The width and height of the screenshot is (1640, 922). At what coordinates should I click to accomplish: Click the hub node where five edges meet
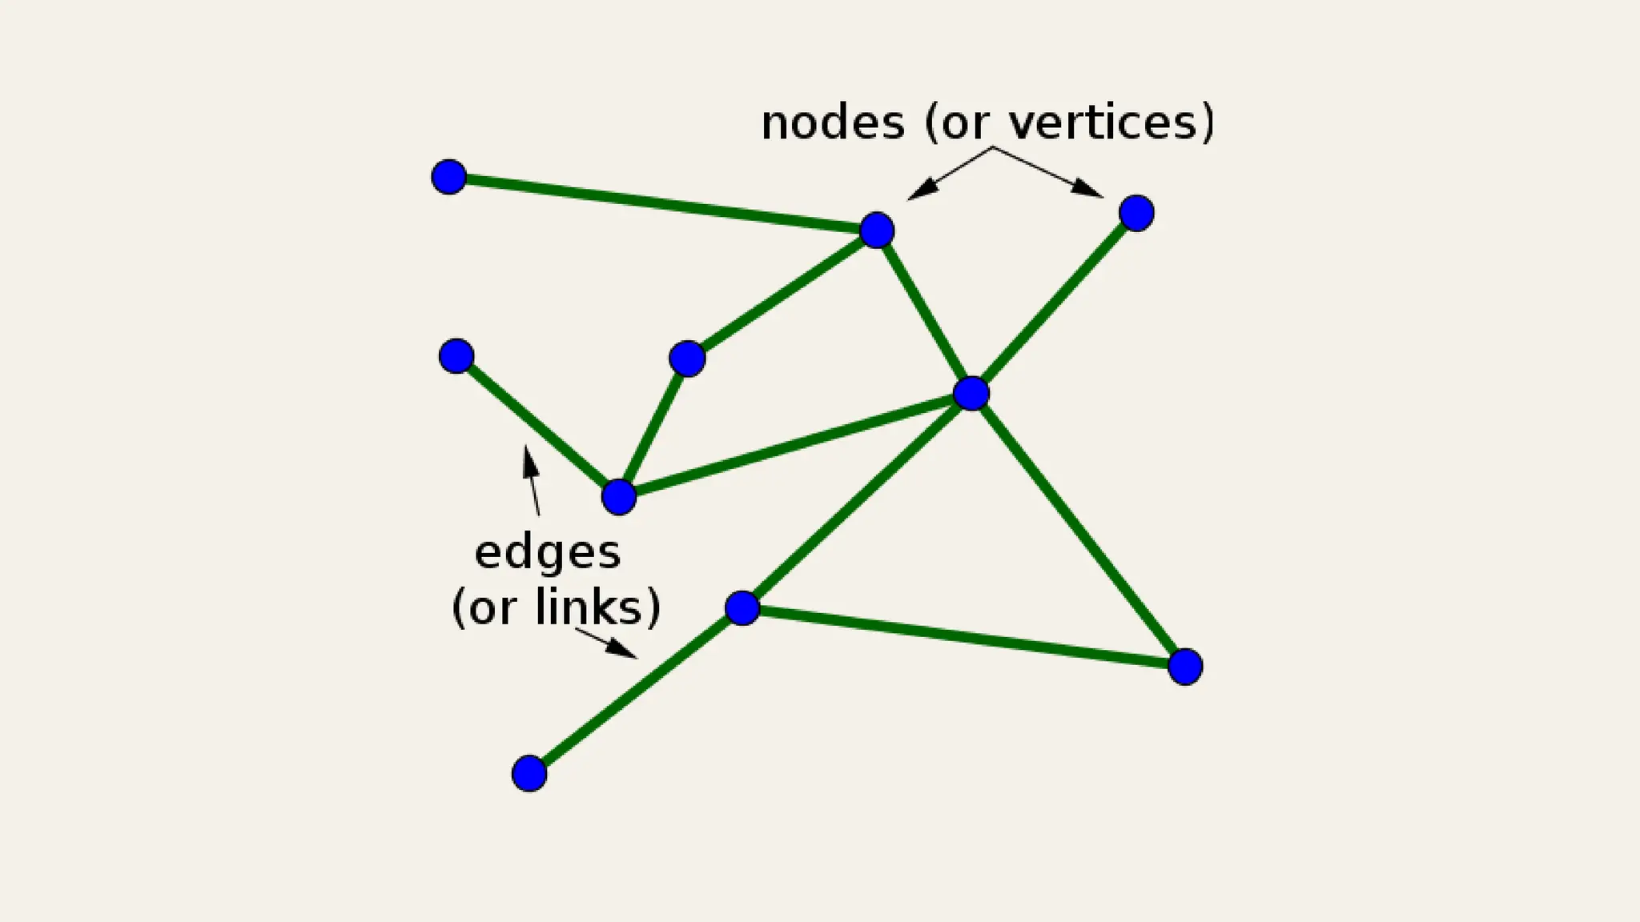(x=971, y=393)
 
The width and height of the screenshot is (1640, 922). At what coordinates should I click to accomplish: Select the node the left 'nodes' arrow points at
(x=877, y=230)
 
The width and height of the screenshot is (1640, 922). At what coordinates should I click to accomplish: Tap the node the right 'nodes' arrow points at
(x=1136, y=213)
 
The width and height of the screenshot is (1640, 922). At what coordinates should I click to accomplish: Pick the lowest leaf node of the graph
(x=529, y=773)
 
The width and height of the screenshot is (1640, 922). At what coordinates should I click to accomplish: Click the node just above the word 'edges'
(x=619, y=497)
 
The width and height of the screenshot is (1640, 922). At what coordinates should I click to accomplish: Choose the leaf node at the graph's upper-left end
(x=448, y=177)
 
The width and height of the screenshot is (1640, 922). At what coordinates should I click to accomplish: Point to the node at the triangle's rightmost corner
(x=1185, y=667)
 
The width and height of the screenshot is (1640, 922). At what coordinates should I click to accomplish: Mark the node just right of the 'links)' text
(x=742, y=608)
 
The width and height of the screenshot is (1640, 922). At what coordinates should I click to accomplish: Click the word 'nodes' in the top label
(x=833, y=123)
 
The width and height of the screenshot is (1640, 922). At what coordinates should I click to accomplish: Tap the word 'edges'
(x=548, y=553)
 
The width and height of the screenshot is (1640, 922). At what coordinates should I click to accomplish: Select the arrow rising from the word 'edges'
(x=531, y=480)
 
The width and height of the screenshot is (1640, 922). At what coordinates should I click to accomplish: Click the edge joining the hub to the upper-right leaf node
(x=1055, y=303)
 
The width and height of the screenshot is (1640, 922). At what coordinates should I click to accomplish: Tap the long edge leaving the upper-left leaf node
(x=662, y=203)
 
